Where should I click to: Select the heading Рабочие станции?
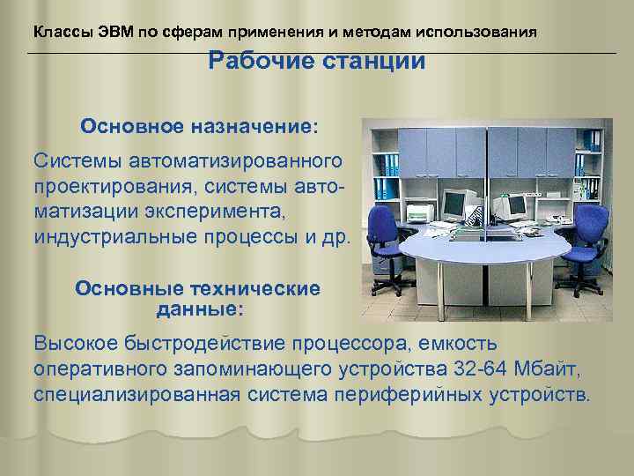pyautogui.click(x=316, y=62)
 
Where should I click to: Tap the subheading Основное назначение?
pyautogui.click(x=200, y=126)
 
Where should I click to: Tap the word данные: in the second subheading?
pyautogui.click(x=200, y=309)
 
